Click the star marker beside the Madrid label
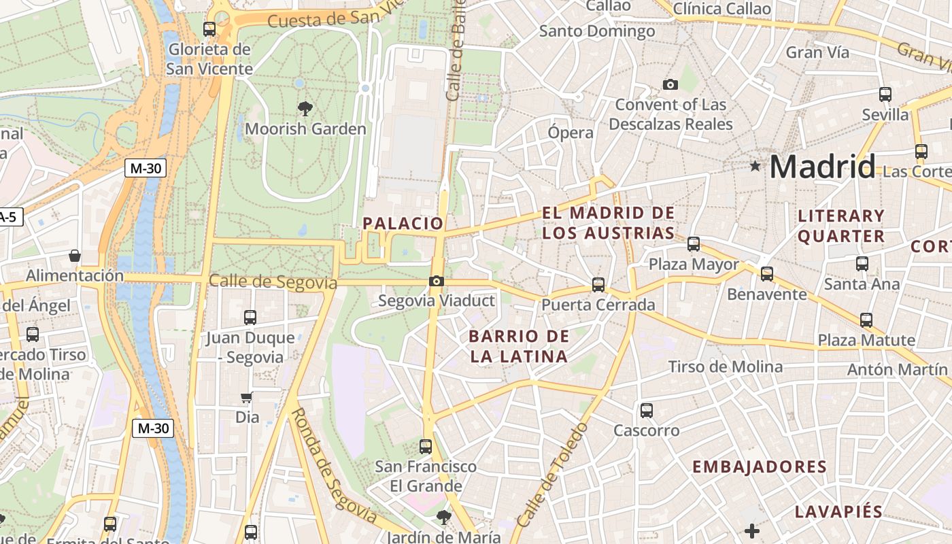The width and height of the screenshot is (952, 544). [755, 166]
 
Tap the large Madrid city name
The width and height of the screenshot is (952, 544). [823, 167]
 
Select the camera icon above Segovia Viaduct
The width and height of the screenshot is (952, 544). [437, 281]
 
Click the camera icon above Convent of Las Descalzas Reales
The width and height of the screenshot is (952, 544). [670, 84]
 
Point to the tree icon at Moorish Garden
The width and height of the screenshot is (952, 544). [305, 108]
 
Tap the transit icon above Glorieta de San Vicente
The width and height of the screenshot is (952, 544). [209, 29]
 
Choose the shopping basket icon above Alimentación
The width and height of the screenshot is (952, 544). [75, 256]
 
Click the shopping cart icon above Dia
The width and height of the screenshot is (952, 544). [247, 397]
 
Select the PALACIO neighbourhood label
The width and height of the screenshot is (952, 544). [403, 223]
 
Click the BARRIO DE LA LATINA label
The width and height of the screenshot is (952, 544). [519, 346]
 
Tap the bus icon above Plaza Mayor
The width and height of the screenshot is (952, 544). [694, 243]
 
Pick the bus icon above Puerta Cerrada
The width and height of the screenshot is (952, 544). [598, 284]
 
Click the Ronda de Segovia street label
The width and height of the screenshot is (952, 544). [334, 466]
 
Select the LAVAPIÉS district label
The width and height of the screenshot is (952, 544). [838, 512]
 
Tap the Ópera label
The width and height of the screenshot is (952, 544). [571, 133]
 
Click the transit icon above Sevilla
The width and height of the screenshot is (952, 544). [885, 95]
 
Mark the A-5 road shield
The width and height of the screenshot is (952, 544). [10, 218]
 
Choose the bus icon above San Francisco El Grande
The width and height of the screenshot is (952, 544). [426, 446]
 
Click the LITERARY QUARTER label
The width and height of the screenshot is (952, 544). [841, 226]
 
